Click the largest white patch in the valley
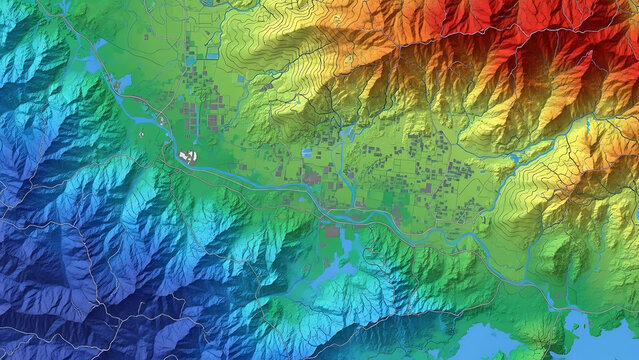click(187, 156)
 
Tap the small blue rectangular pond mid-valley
click(307, 153)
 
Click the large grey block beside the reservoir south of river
click(330, 231)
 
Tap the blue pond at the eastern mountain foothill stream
click(514, 157)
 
